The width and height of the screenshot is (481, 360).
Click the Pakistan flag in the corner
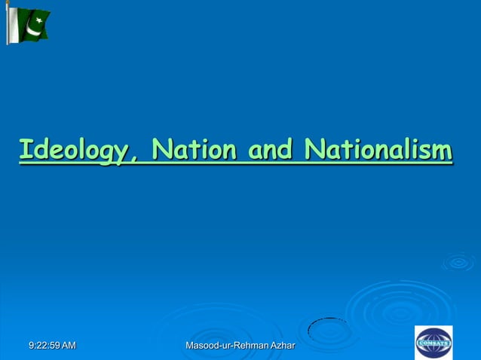coord(29,24)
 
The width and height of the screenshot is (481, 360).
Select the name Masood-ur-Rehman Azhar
coord(240,345)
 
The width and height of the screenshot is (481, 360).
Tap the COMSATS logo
coord(434,342)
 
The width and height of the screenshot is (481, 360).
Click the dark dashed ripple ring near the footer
coord(329,330)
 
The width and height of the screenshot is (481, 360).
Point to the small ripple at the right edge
coord(458,262)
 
